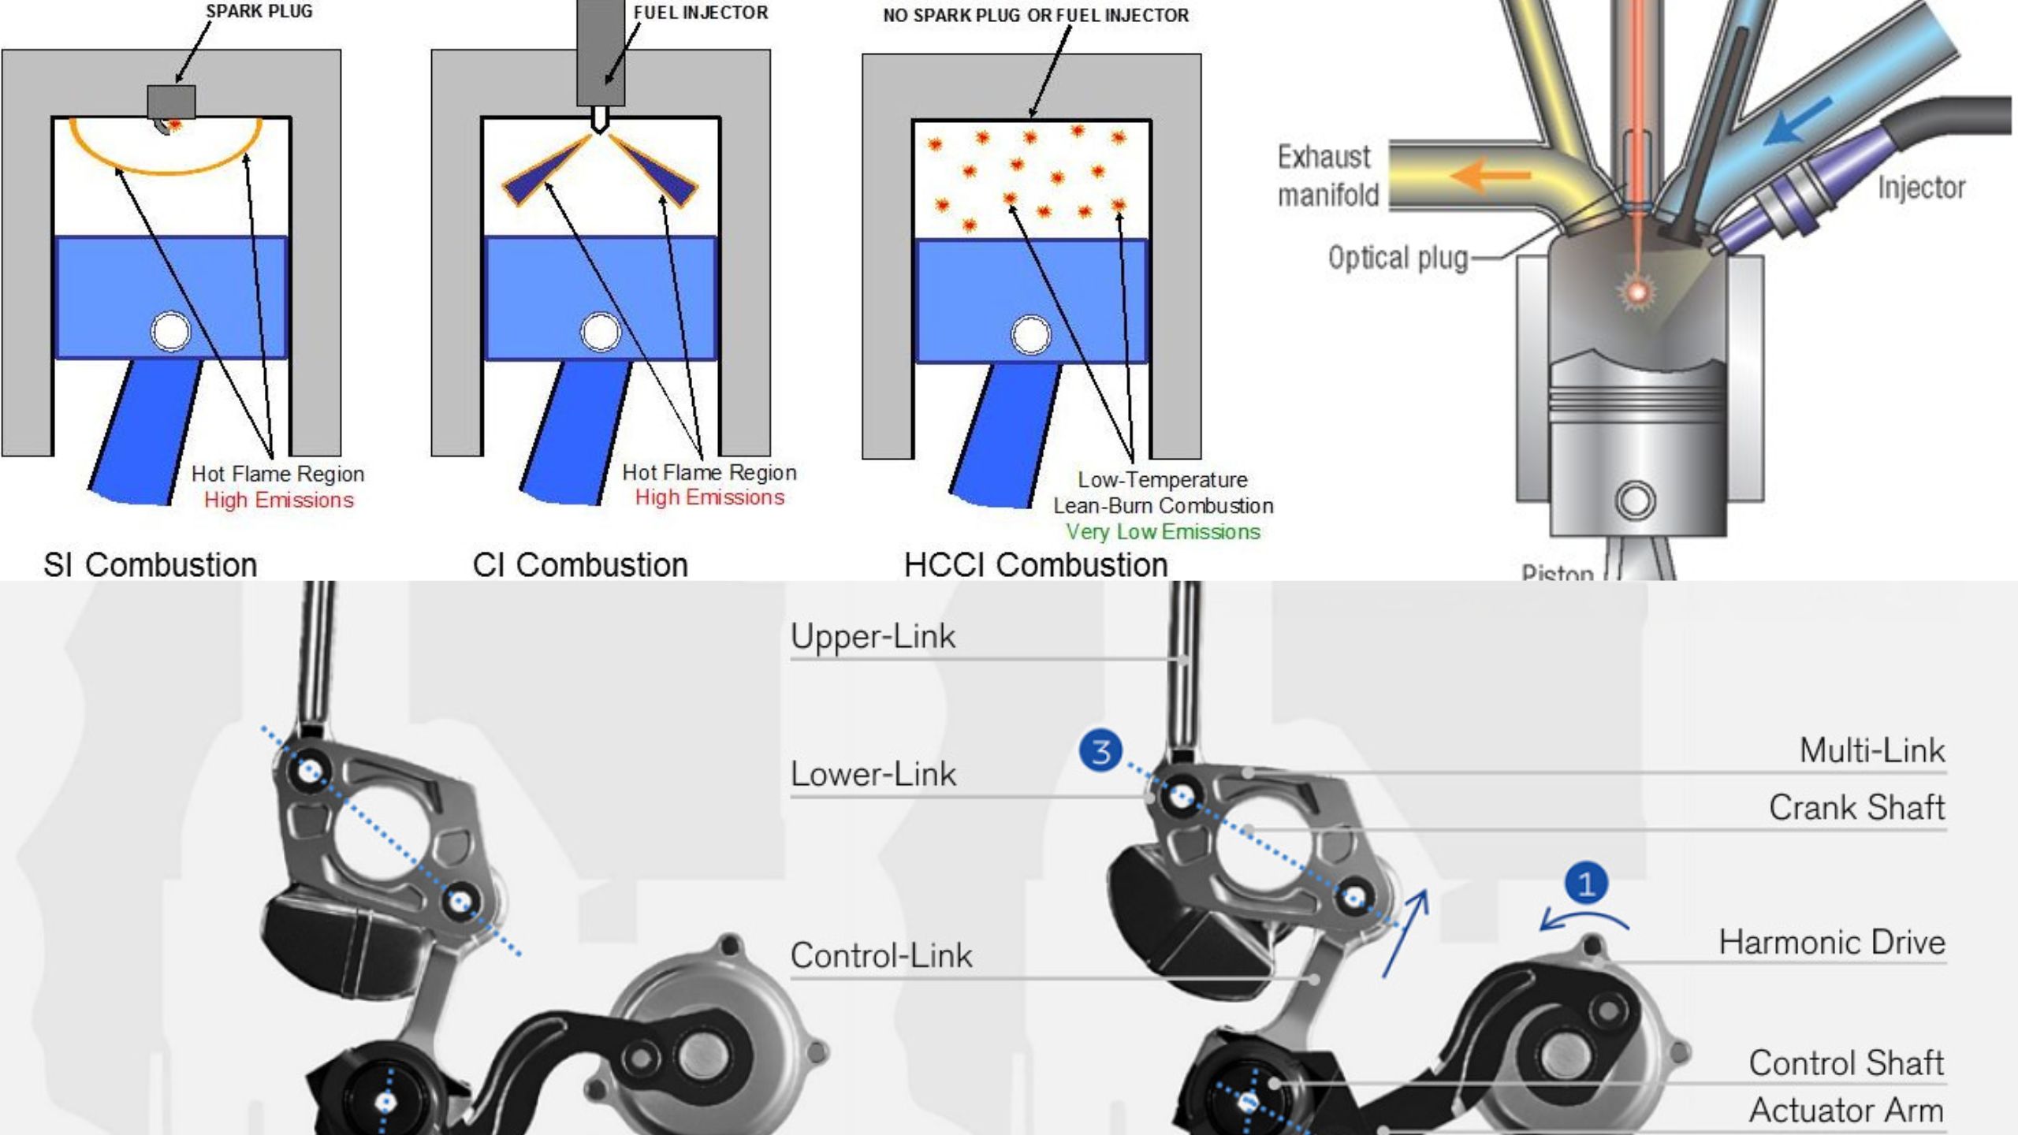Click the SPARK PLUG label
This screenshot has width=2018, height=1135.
(x=259, y=11)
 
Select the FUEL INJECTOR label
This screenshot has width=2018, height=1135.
(x=701, y=13)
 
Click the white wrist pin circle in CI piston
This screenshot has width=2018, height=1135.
(x=601, y=333)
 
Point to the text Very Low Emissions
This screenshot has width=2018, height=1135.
(x=1163, y=532)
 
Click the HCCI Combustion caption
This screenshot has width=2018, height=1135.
(x=1035, y=565)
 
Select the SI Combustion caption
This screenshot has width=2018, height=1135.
(x=150, y=565)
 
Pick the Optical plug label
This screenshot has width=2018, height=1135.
(x=1398, y=259)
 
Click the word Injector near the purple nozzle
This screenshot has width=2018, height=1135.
(x=1921, y=188)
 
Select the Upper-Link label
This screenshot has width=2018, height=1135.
(x=873, y=637)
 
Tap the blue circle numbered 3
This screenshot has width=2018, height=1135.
(x=1100, y=750)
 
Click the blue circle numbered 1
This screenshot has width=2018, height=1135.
(x=1586, y=884)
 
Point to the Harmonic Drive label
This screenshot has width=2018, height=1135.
(x=1831, y=943)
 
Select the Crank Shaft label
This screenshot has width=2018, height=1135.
(x=1856, y=808)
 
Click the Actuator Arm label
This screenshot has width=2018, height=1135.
(x=1845, y=1111)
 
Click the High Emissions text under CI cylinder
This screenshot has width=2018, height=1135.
(x=709, y=497)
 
